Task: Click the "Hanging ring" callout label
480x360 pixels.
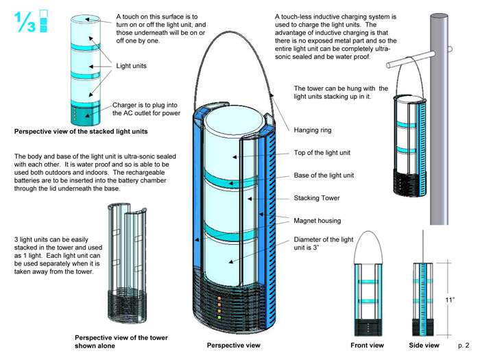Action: (313, 130)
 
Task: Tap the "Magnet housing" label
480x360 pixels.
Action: (317, 221)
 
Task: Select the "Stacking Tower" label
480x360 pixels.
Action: (317, 198)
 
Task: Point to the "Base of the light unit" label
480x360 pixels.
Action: (324, 176)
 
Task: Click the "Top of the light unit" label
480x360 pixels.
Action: (322, 153)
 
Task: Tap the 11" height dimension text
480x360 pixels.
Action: (450, 300)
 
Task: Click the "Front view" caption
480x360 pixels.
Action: (367, 346)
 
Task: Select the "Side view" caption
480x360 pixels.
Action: (424, 346)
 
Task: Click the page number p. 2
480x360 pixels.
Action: (464, 346)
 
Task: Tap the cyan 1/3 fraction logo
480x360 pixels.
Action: (31, 21)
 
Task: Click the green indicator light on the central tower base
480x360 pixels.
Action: (219, 317)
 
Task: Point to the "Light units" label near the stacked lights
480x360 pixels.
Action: (132, 66)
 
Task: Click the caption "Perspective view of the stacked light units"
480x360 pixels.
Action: (81, 132)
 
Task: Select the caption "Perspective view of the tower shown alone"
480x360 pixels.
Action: (121, 341)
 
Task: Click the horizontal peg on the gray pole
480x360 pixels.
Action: (411, 60)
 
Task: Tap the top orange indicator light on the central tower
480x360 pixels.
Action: (219, 298)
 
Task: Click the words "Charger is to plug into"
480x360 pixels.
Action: (145, 105)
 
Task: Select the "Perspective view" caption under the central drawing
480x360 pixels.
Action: (234, 346)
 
